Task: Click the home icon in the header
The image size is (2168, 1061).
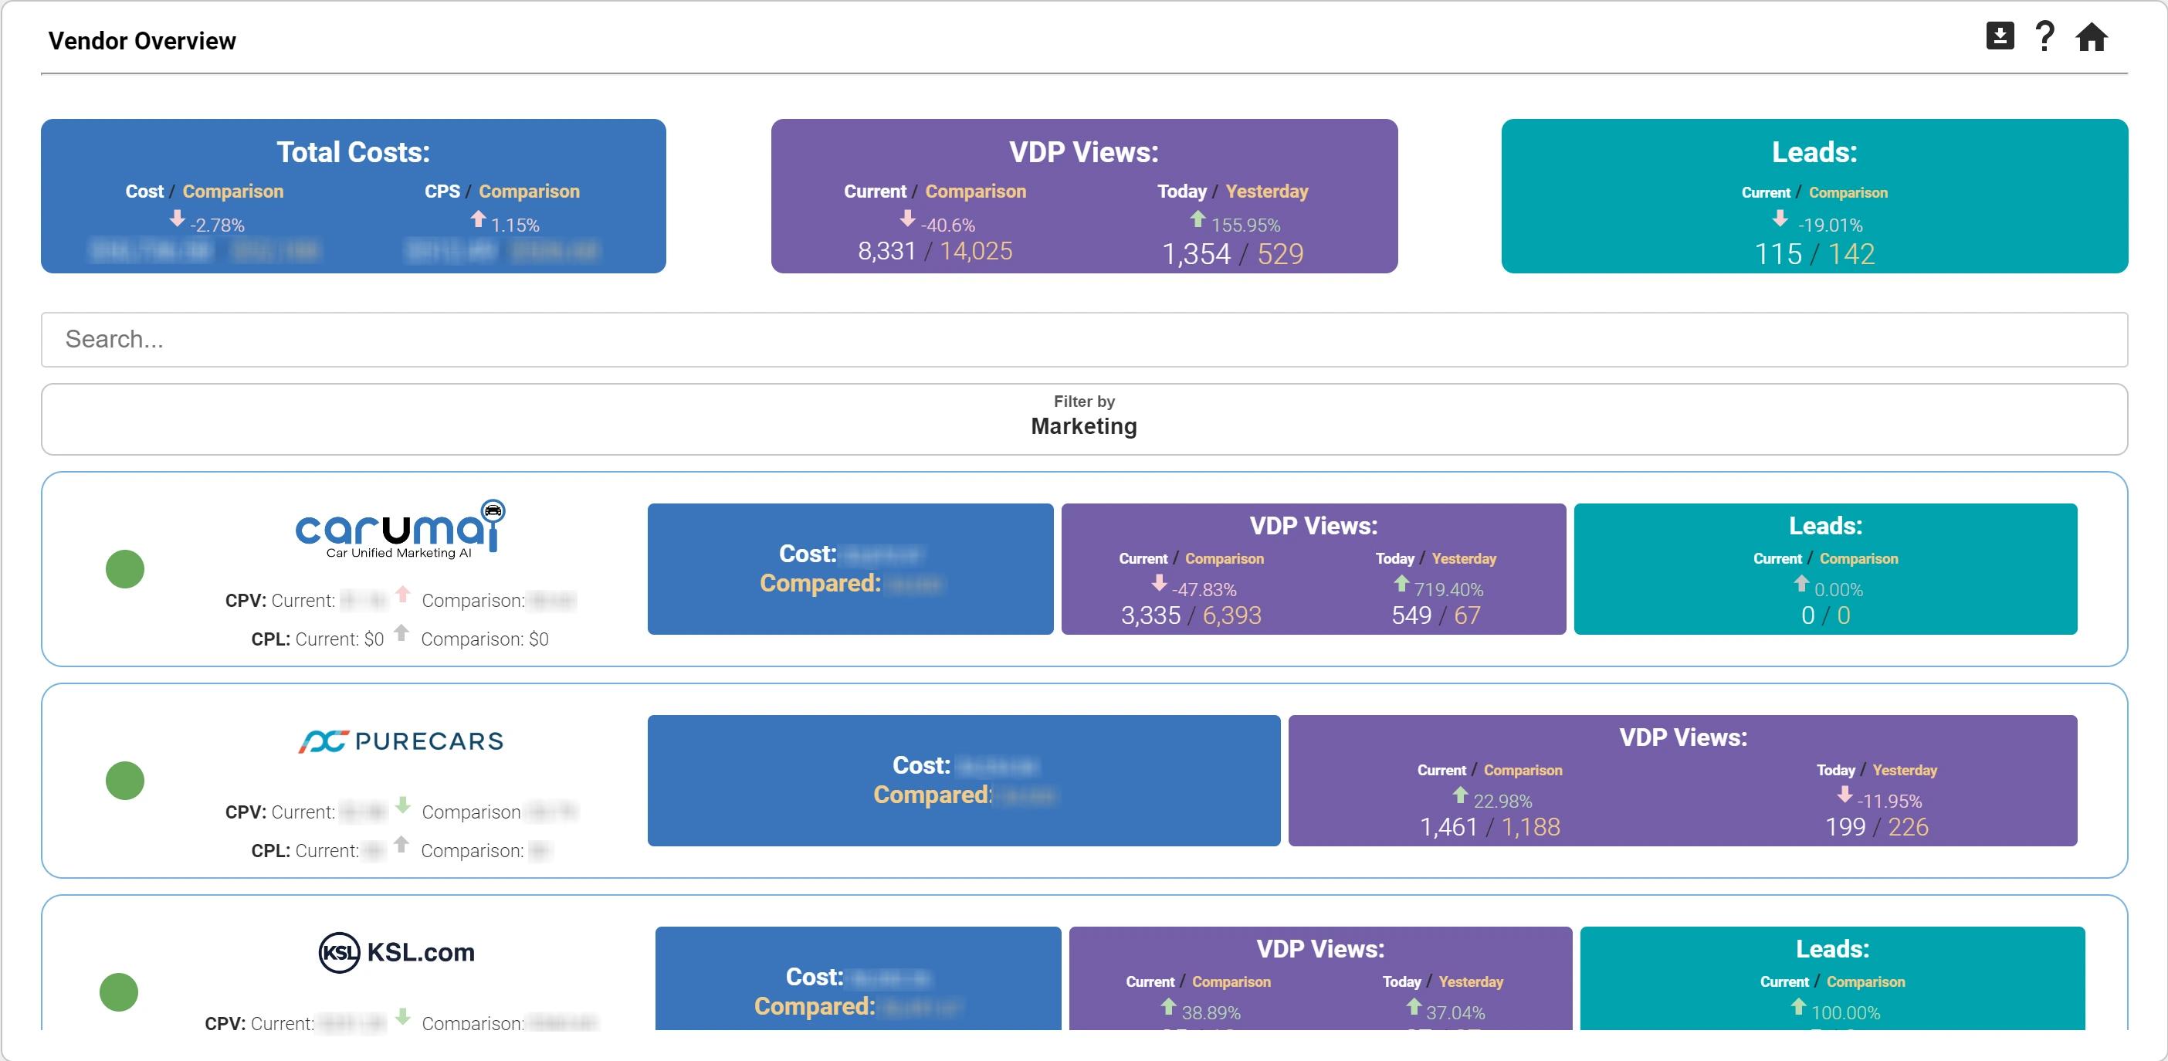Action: click(2091, 38)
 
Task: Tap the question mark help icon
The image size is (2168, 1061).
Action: click(2044, 37)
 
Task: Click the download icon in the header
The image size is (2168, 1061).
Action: click(2000, 36)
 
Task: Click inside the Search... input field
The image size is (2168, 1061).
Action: click(1084, 339)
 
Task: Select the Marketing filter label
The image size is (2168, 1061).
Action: click(1084, 426)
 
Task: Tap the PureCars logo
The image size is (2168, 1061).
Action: click(401, 741)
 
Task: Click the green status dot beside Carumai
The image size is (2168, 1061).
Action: click(124, 569)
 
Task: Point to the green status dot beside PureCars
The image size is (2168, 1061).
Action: click(124, 781)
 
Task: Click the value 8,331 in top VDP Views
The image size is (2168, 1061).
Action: click(886, 252)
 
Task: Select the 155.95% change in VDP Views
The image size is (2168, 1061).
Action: click(1245, 225)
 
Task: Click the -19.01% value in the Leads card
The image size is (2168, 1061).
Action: click(1830, 225)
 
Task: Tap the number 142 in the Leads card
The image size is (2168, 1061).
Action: click(1851, 254)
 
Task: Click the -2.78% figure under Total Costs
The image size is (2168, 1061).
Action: click(216, 225)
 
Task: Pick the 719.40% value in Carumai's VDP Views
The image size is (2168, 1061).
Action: click(1448, 589)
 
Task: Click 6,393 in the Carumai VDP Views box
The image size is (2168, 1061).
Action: click(1231, 616)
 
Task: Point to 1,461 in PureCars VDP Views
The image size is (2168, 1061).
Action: click(1448, 828)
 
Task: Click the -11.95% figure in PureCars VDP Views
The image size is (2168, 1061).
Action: click(1889, 801)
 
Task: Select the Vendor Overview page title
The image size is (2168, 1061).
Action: click(142, 41)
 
